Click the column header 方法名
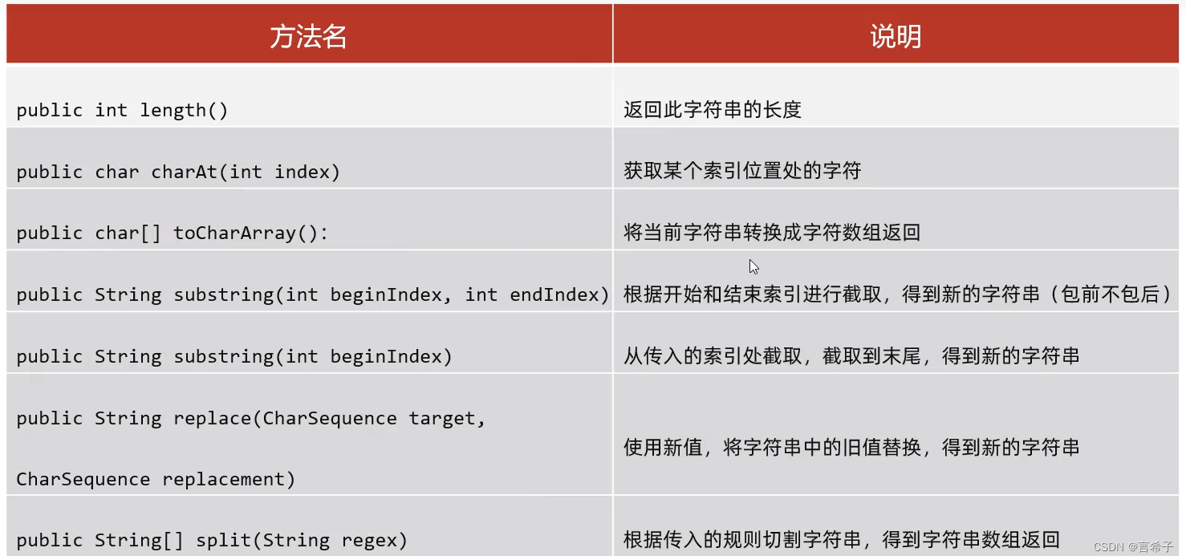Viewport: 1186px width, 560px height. click(308, 36)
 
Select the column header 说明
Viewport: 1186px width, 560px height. click(896, 36)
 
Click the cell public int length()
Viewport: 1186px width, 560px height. click(122, 111)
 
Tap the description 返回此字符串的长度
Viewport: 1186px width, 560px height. click(713, 111)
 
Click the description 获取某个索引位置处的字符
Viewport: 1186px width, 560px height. click(742, 172)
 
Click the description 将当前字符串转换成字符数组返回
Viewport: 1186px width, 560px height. click(772, 233)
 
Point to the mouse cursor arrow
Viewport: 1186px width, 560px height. click(753, 267)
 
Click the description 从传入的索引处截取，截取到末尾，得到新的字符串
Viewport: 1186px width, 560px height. click(851, 356)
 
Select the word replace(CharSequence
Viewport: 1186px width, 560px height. click(285, 418)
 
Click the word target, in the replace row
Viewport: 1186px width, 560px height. click(447, 418)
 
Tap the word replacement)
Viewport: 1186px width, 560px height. click(229, 480)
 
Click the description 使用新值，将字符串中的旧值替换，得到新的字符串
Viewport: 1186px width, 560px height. click(851, 448)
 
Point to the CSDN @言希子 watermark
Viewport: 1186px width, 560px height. click(1133, 547)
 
